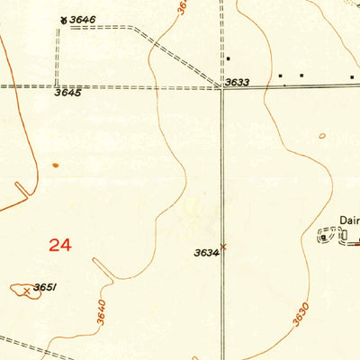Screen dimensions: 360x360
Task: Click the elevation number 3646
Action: click(84, 19)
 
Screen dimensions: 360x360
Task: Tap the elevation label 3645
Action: click(67, 93)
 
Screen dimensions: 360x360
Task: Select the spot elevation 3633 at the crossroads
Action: click(237, 82)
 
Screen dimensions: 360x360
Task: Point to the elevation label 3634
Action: click(206, 253)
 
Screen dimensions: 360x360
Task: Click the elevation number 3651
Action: click(45, 288)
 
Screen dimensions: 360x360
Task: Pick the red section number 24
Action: click(59, 245)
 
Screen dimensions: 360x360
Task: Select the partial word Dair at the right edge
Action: click(349, 219)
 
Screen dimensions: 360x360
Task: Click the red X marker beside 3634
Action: click(224, 246)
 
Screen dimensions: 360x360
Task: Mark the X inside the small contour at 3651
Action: click(27, 290)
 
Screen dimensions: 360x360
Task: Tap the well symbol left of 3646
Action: click(62, 19)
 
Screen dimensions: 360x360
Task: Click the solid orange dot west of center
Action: click(55, 166)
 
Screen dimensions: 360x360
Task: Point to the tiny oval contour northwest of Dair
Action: click(322, 136)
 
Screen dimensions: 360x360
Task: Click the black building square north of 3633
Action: click(229, 58)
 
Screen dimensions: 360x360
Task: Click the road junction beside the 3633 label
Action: click(222, 86)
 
